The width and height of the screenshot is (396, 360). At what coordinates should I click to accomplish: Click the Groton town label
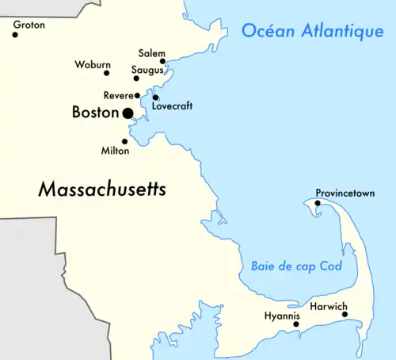29,25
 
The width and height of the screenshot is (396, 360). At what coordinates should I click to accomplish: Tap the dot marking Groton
15,35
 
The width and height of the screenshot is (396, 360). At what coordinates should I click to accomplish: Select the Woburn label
93,64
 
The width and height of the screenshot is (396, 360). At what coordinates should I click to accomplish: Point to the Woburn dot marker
107,73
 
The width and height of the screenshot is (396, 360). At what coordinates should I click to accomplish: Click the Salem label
151,52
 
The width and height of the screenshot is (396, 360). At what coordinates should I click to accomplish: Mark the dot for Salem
162,61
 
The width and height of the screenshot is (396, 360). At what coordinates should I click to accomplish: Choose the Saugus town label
147,70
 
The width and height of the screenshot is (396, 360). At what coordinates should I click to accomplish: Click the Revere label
118,95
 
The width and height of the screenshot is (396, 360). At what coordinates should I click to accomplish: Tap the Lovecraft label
172,105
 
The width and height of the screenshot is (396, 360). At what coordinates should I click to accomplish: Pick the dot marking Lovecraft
155,98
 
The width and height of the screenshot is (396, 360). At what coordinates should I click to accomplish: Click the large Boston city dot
128,113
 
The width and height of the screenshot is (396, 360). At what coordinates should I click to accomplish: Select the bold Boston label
95,113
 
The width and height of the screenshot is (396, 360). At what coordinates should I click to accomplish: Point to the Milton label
115,150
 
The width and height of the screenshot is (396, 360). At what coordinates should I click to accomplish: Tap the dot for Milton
124,141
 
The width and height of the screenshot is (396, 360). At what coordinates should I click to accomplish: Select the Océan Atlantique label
312,31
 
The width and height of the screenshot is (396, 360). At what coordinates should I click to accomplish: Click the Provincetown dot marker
317,203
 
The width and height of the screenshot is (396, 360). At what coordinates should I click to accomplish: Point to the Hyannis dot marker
296,324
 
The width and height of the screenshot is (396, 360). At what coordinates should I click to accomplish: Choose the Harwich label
328,305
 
